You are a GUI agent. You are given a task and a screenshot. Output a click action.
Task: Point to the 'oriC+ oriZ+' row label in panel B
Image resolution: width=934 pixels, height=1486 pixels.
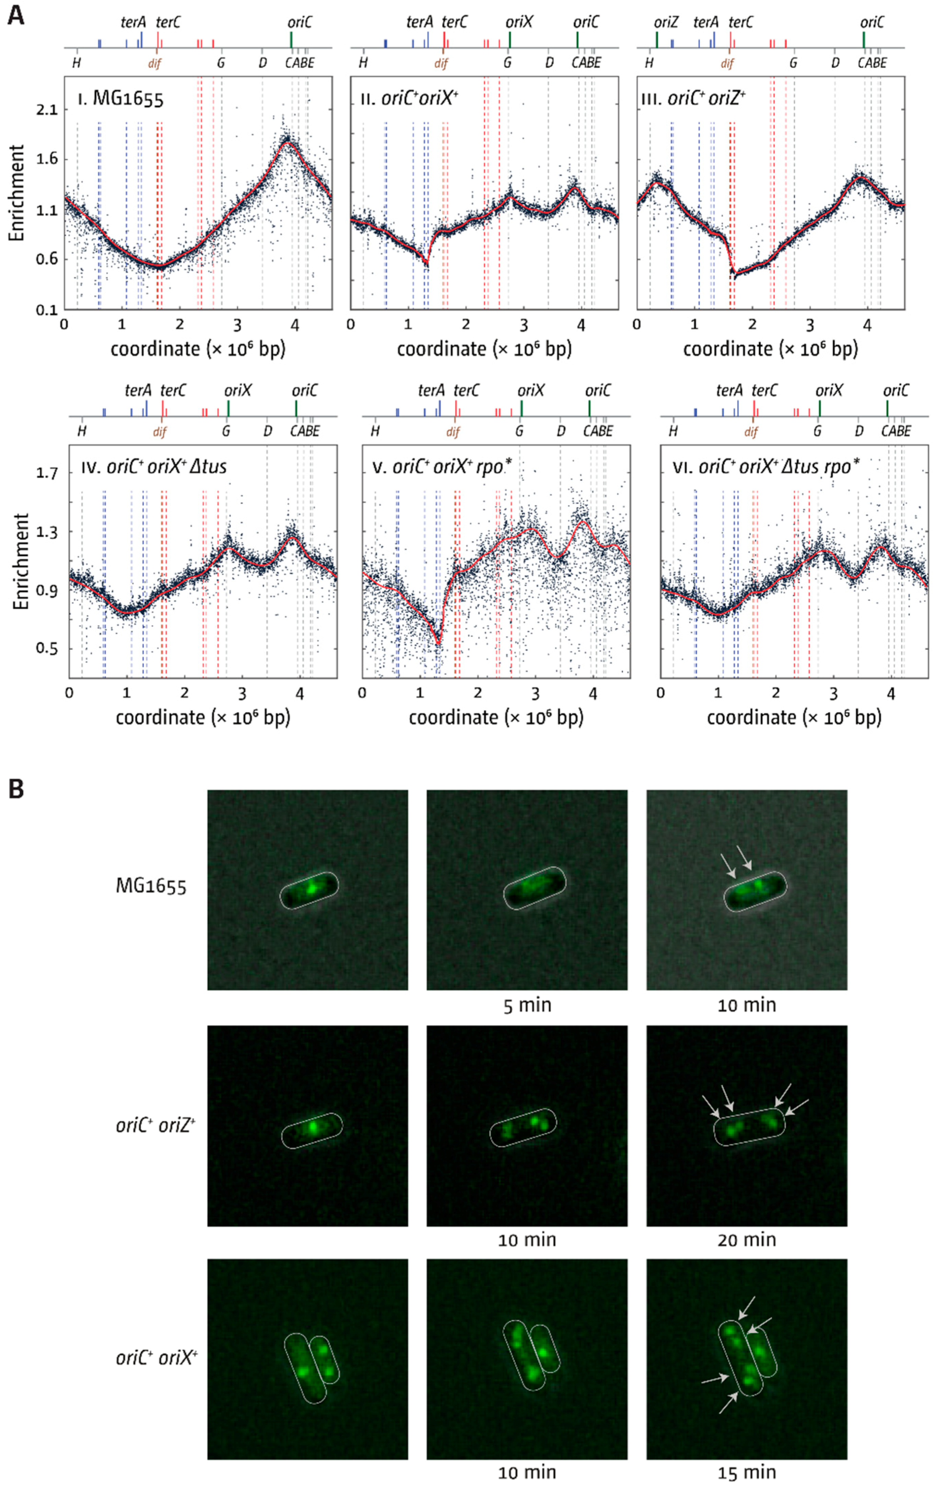tap(155, 1125)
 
